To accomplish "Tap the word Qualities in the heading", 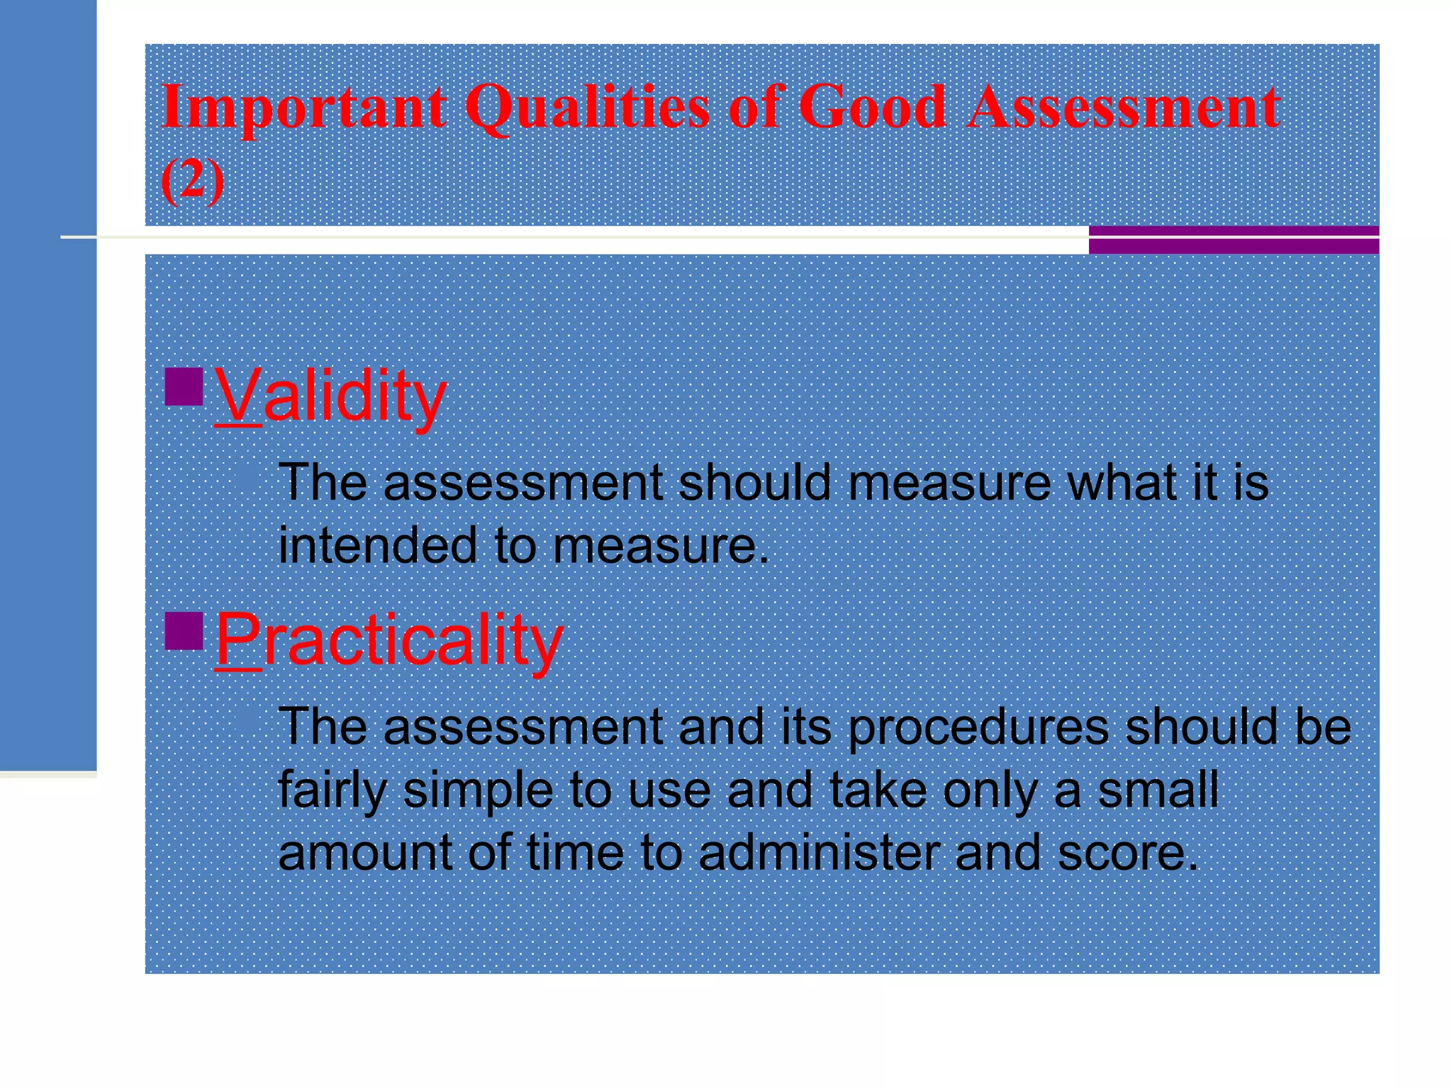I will coord(587,108).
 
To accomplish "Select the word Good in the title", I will coord(872,108).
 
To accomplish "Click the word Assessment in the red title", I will coord(1124,108).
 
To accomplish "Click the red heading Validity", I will coord(330,396).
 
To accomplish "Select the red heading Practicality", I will coord(389,640).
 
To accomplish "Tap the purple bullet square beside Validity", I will coord(184,386).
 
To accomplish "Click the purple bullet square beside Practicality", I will coord(184,631).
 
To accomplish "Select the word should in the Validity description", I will coord(754,483).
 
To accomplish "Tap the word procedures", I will coord(978,727).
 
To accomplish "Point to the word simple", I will coord(478,791).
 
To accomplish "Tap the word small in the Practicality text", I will coord(1157,791).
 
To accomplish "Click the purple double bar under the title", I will coord(1234,240).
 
